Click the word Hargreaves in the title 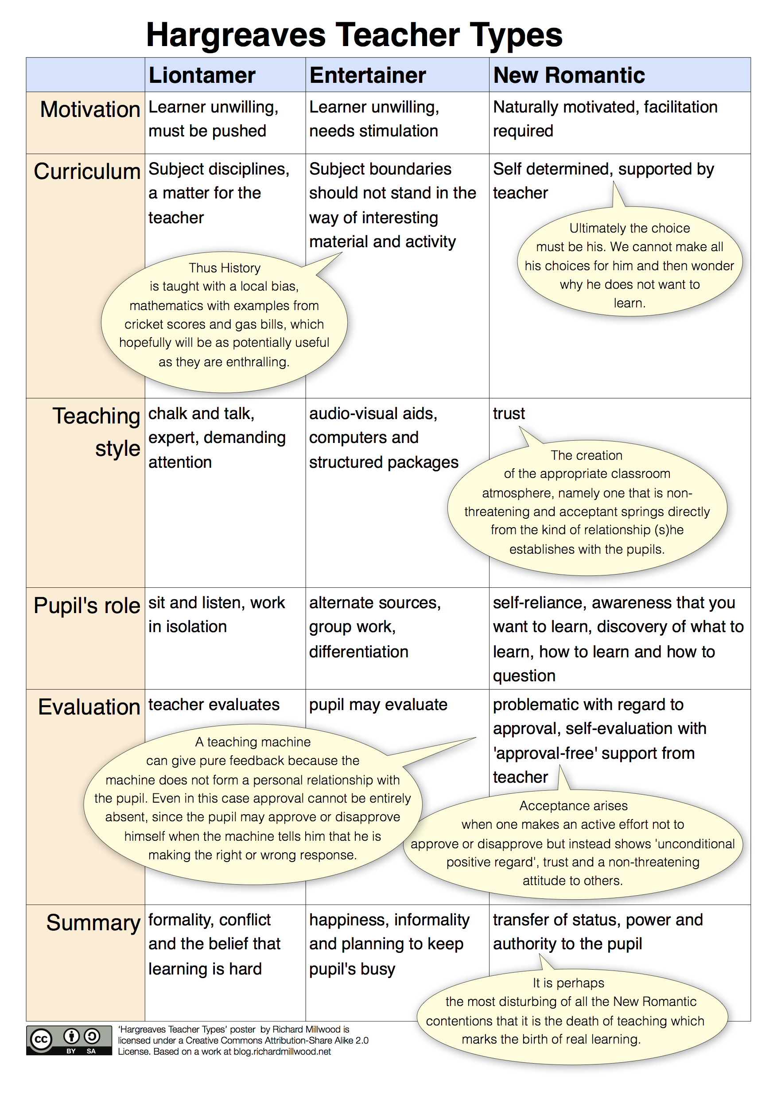pos(236,35)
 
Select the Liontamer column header pos(202,76)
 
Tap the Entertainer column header pos(367,76)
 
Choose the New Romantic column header pos(569,76)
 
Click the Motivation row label pos(90,109)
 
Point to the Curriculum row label pos(87,171)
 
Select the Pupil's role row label pos(87,606)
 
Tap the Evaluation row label pos(89,707)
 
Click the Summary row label pos(93,922)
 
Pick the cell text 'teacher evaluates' pos(214,705)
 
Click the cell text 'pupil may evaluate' pos(378,705)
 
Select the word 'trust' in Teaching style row pos(509,414)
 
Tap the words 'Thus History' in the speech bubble pos(225,268)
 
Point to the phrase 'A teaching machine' pos(253,742)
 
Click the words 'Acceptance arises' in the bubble pos(573,806)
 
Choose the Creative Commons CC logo pos(41,1040)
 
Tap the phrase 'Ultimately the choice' pos(629,228)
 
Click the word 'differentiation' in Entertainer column pos(358,652)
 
